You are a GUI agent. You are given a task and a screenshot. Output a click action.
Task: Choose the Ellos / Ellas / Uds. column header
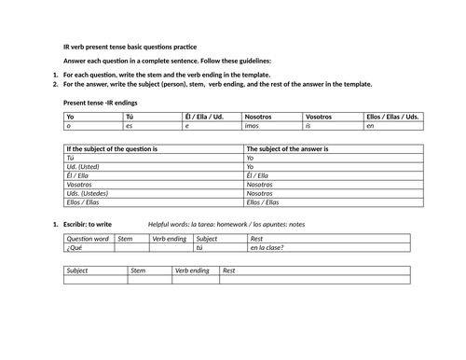[393, 116]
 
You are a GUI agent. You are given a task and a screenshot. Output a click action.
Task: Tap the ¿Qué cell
[75, 247]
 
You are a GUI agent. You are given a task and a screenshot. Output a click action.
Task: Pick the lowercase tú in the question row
[199, 247]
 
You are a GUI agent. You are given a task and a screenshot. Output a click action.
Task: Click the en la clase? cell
[267, 247]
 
